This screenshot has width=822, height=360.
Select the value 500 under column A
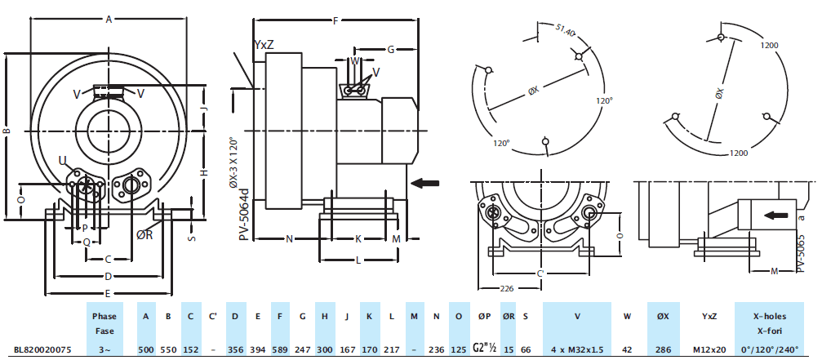click(146, 349)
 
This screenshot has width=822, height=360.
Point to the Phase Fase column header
click(104, 323)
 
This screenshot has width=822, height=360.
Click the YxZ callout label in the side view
click(264, 46)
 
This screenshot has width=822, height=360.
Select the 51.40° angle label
click(565, 32)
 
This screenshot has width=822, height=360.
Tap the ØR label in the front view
click(144, 235)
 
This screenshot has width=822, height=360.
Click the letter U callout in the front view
click(63, 159)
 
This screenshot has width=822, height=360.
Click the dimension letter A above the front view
click(109, 19)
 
